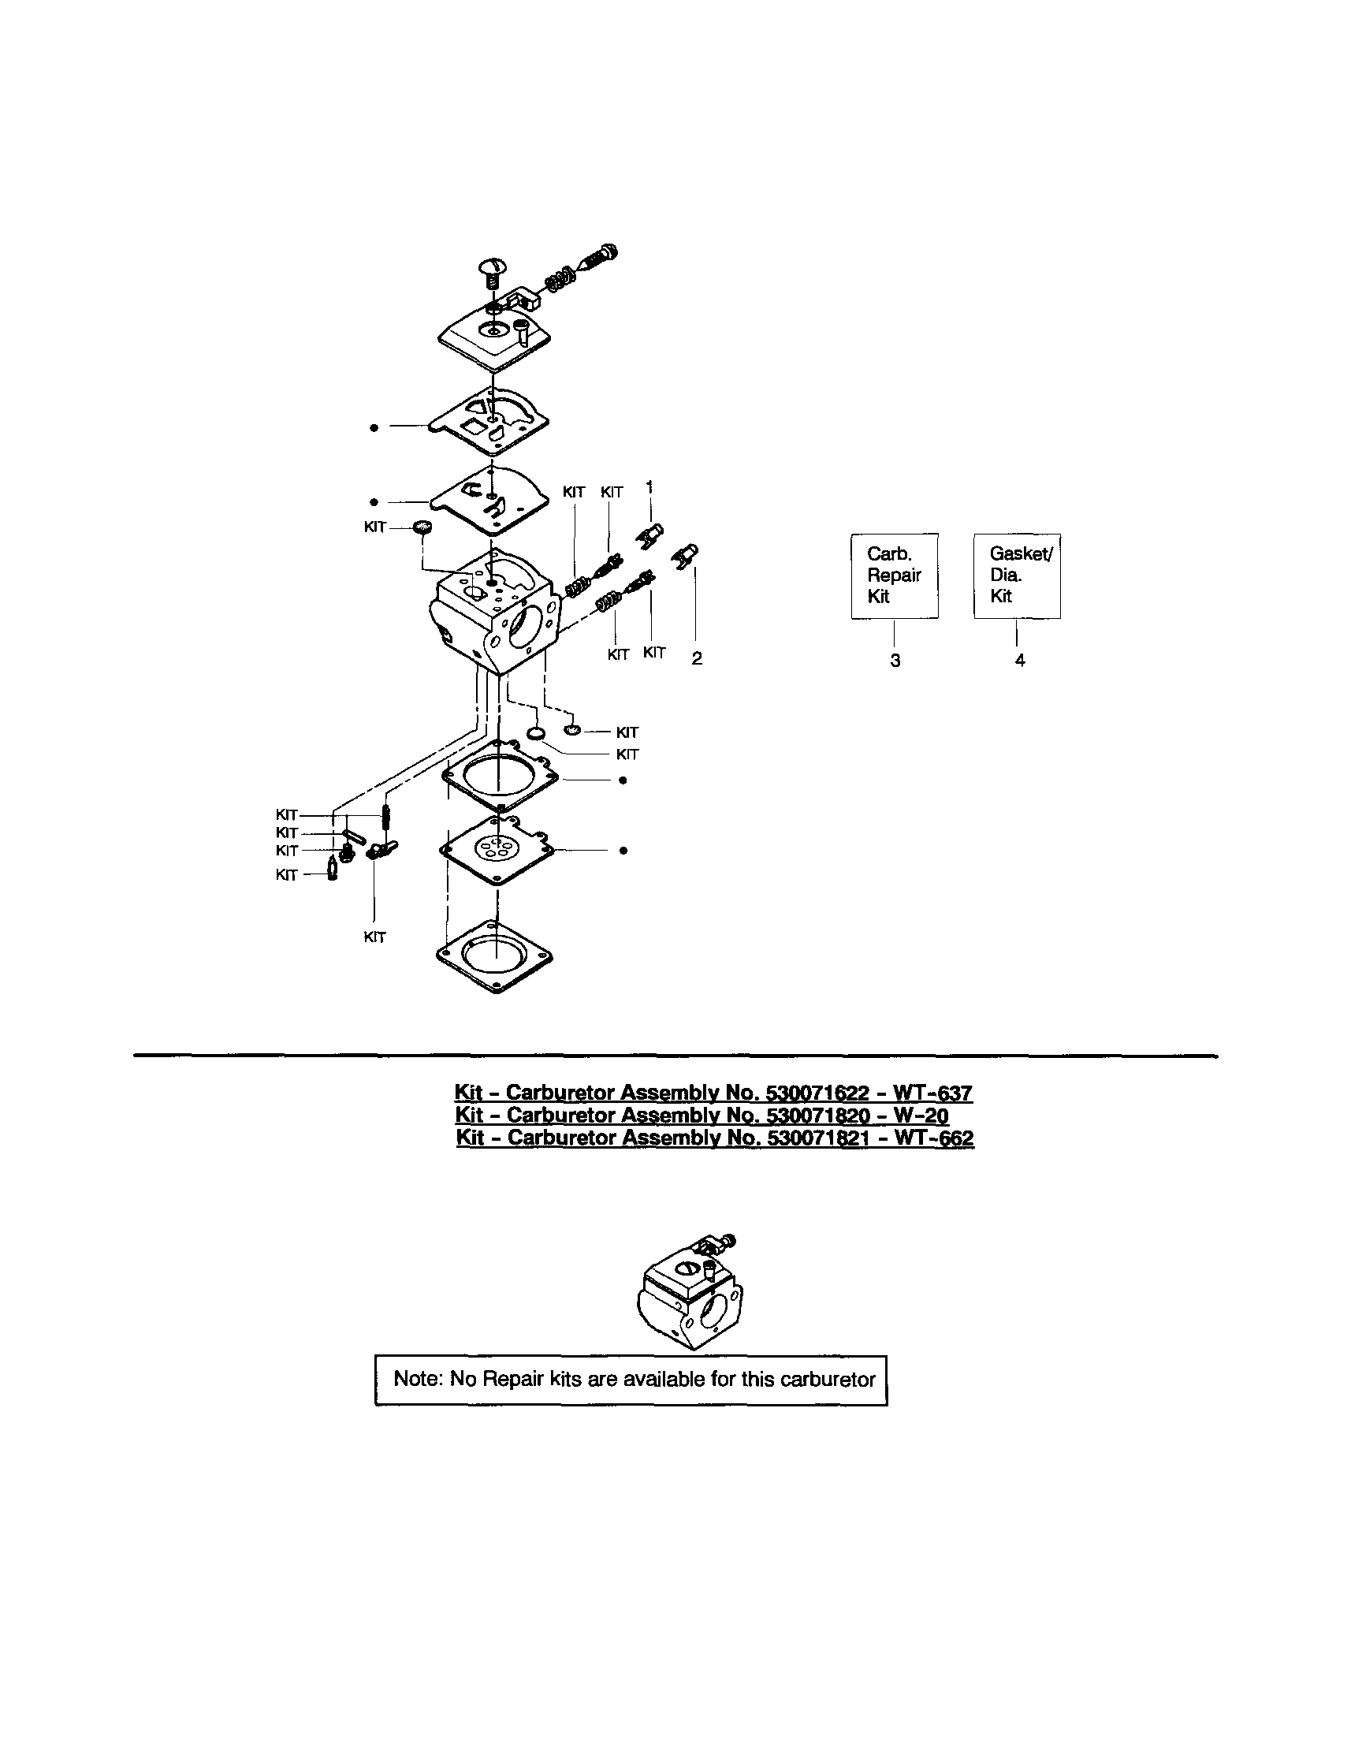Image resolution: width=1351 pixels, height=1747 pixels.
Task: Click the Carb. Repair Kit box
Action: tap(894, 576)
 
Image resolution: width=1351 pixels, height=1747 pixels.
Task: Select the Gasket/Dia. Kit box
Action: tap(1017, 576)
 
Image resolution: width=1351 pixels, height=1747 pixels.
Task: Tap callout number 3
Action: tap(895, 661)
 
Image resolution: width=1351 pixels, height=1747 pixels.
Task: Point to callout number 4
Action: tap(1020, 661)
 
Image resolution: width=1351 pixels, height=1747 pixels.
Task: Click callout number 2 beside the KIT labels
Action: tap(697, 659)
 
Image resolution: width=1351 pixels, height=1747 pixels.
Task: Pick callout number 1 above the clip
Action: tap(649, 486)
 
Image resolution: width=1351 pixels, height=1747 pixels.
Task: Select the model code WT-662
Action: tap(933, 1138)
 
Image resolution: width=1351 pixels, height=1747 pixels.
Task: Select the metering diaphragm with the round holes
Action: tap(496, 850)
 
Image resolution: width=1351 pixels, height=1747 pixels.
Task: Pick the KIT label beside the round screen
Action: tap(375, 527)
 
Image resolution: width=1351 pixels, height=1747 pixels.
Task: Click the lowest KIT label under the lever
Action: tap(374, 937)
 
